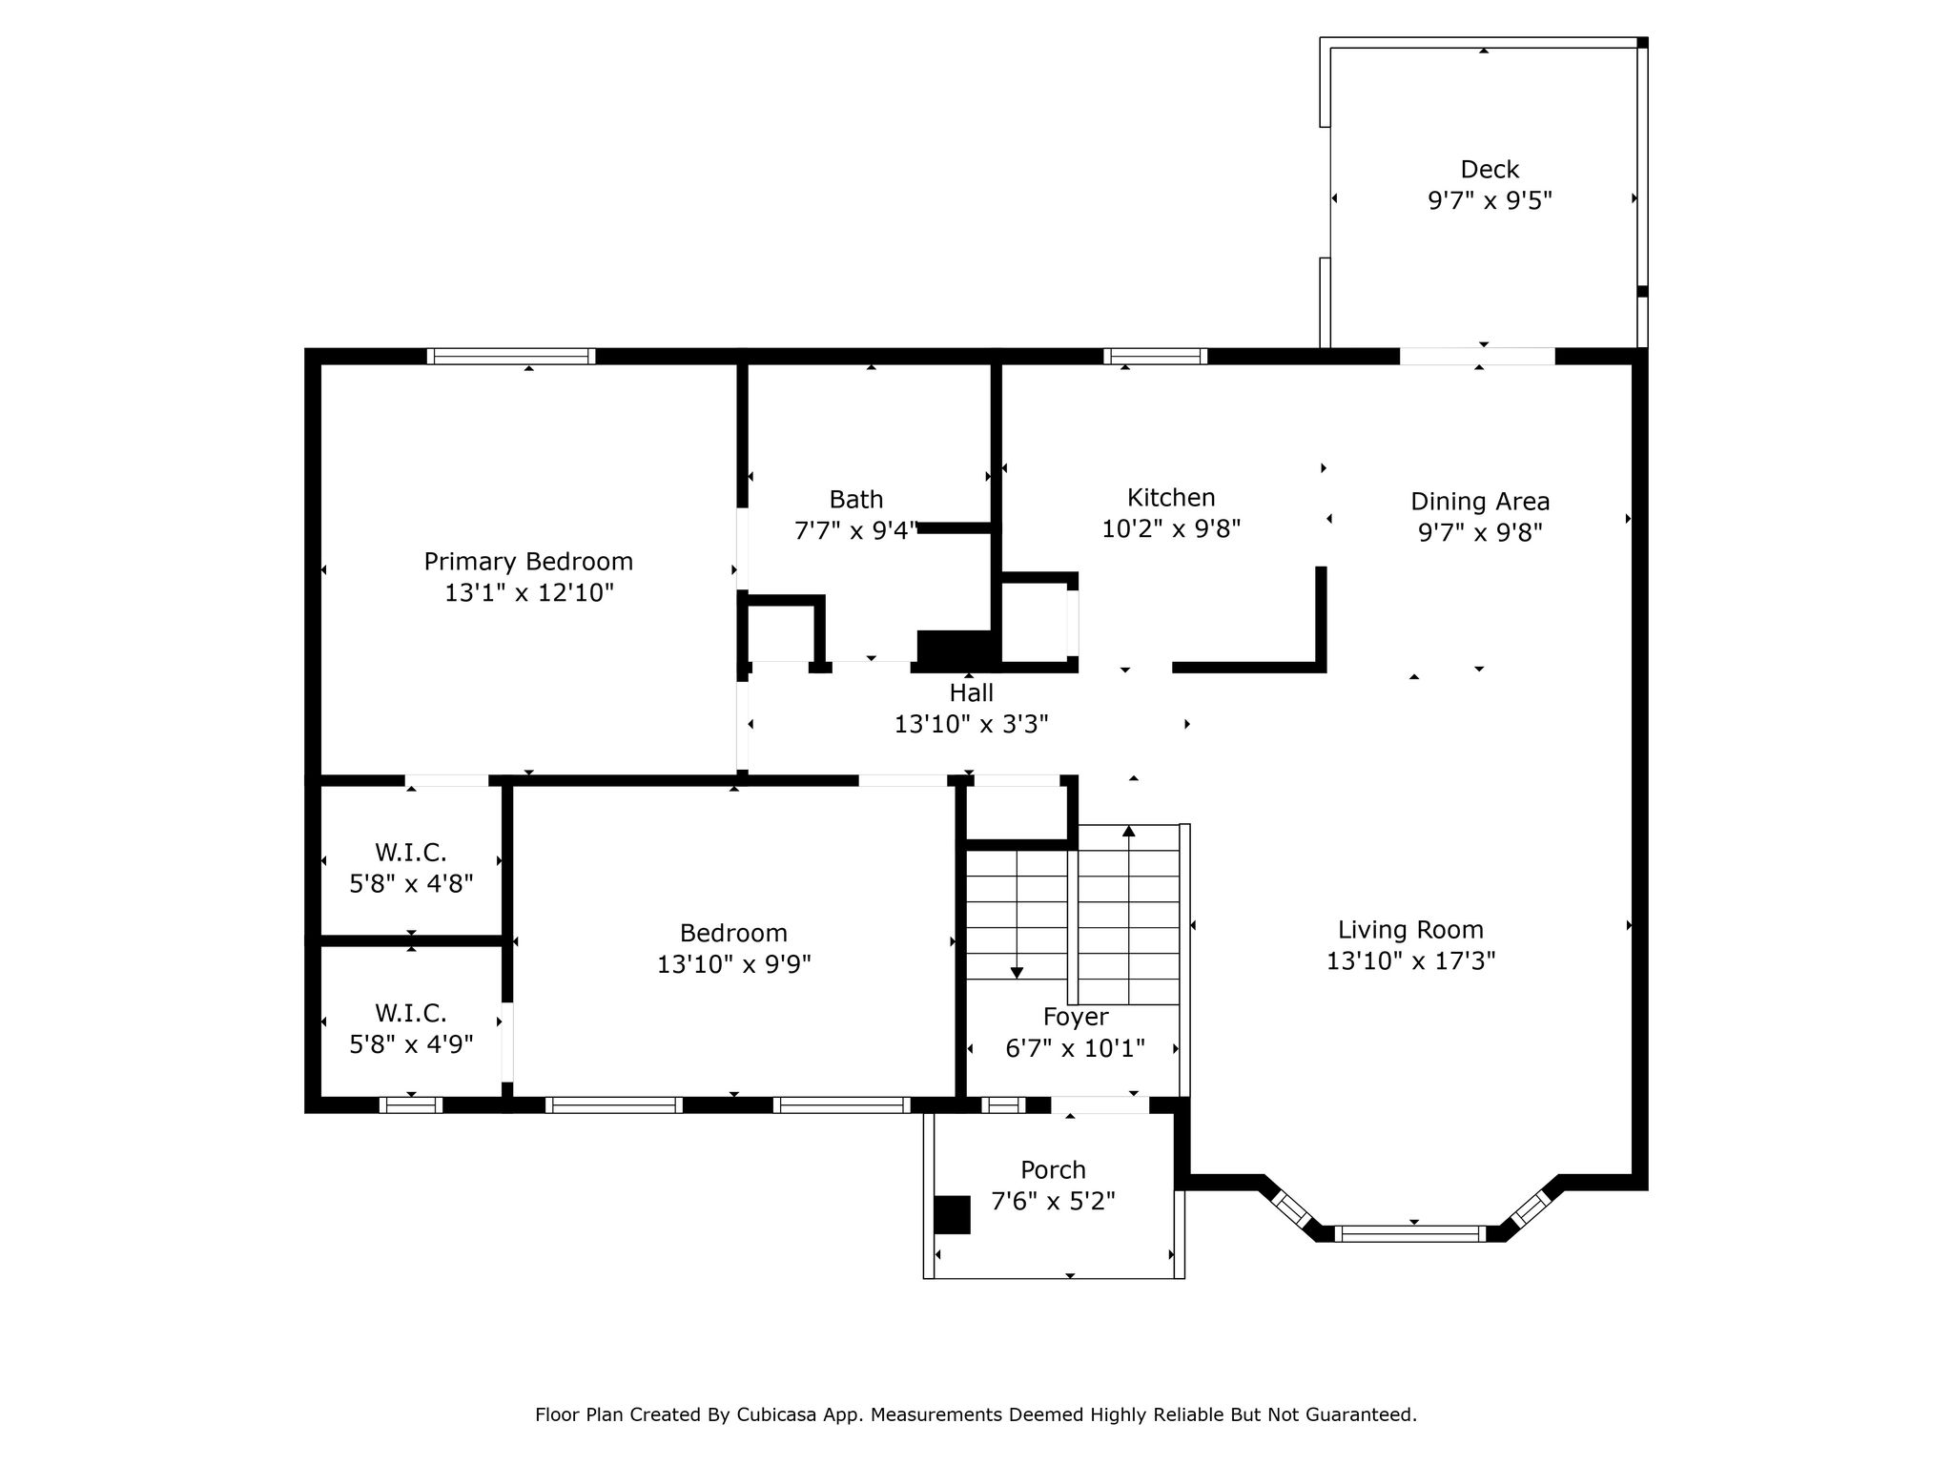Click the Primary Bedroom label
click(x=528, y=561)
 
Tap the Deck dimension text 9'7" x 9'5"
click(x=1490, y=200)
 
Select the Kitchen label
click(x=1171, y=497)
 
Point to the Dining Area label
click(x=1480, y=501)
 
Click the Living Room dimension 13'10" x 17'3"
click(x=1410, y=960)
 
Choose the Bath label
click(x=856, y=499)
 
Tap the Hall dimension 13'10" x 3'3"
click(x=971, y=724)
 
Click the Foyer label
click(x=1076, y=1017)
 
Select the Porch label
click(x=1053, y=1169)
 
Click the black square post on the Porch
click(x=952, y=1215)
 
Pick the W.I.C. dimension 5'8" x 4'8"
click(x=411, y=883)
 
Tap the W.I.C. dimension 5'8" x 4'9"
click(x=411, y=1044)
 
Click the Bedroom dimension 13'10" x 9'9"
click(x=733, y=964)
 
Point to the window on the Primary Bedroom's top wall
click(x=511, y=356)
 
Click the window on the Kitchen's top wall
click(x=1156, y=356)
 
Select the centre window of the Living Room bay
click(x=1410, y=1233)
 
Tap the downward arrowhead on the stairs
click(x=1017, y=973)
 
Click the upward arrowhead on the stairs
click(x=1129, y=831)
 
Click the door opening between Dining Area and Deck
click(x=1477, y=356)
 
